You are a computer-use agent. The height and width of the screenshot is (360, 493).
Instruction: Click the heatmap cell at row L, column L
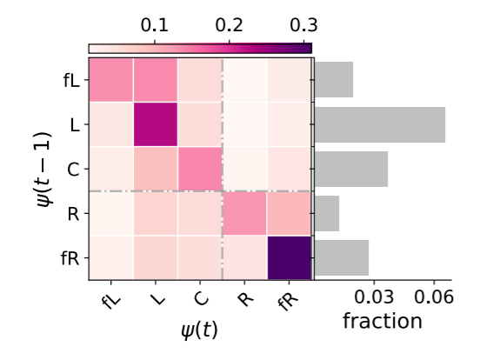(156, 124)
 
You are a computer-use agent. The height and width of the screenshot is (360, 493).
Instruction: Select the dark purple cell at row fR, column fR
(289, 257)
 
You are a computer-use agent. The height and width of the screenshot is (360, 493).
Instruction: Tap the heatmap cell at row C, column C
(200, 169)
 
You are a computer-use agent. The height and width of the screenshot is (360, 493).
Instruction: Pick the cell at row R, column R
(244, 213)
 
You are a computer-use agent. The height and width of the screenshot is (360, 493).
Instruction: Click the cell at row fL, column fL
(111, 80)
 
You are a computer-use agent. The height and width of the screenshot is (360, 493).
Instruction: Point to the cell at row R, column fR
(289, 213)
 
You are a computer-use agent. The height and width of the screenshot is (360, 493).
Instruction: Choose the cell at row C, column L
(156, 169)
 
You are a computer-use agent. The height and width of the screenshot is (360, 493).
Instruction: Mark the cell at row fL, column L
(156, 80)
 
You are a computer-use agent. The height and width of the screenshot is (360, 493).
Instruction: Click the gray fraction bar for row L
(380, 124)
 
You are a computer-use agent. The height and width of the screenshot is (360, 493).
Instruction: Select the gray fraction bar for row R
(327, 213)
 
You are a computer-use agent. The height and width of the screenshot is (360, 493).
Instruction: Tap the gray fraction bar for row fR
(342, 257)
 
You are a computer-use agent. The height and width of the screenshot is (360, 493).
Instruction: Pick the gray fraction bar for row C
(351, 169)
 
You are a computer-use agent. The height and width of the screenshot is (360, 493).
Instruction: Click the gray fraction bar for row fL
(334, 80)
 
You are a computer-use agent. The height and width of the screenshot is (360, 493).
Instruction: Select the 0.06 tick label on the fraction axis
(434, 297)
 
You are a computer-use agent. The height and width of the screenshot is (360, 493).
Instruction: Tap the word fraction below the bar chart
(383, 321)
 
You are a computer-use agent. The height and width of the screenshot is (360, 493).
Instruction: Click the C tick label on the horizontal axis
(201, 299)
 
